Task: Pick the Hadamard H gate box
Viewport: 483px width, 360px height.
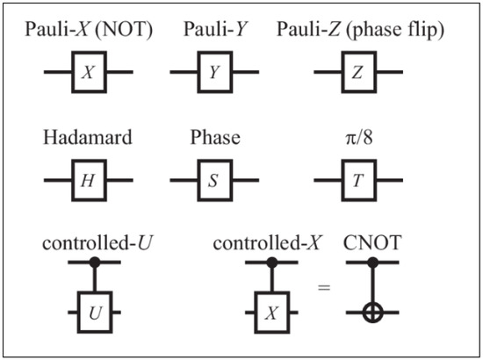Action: tap(89, 181)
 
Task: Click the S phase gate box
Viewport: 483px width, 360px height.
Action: tap(214, 181)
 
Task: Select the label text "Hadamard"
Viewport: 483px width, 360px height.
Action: tap(88, 139)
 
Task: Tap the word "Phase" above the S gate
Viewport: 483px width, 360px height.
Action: tap(214, 139)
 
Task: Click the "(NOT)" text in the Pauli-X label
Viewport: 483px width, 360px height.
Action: tap(125, 31)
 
